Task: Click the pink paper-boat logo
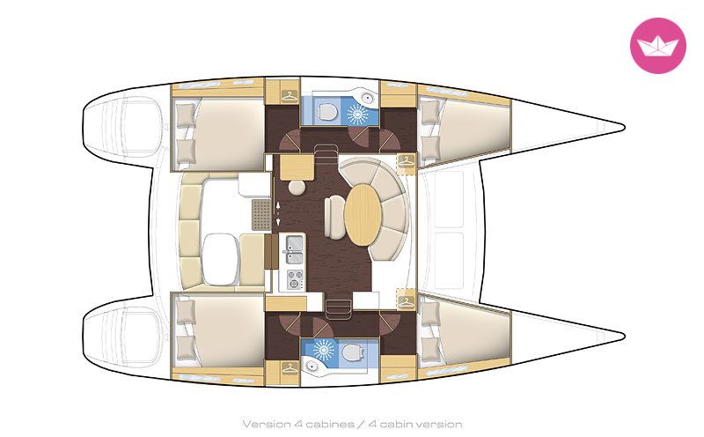(657, 46)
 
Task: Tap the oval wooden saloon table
(363, 215)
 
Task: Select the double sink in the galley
(294, 249)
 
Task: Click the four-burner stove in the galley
(295, 278)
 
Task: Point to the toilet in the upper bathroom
(326, 111)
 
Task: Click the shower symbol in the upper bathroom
(358, 113)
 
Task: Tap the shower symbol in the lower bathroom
(322, 350)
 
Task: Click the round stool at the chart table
(297, 187)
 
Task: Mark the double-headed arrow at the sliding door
(278, 213)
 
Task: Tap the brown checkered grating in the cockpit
(261, 215)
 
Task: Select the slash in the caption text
(362, 424)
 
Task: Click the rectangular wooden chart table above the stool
(297, 167)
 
